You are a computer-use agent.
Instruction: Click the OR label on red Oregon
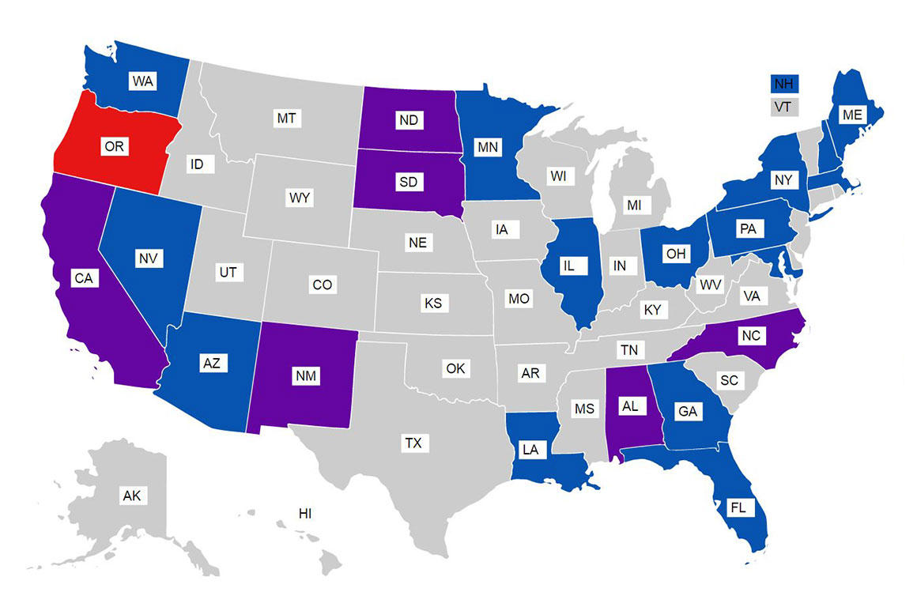[x=115, y=146]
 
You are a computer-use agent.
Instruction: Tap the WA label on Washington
[x=143, y=81]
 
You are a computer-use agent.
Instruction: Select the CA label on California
[x=84, y=278]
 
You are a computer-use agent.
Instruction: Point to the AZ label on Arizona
[x=210, y=363]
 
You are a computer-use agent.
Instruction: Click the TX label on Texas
[x=413, y=443]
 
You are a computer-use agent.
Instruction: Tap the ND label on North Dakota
[x=409, y=120]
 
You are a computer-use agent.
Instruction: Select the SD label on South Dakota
[x=409, y=183]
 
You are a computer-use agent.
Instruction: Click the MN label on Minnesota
[x=488, y=147]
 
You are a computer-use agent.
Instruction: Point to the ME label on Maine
[x=851, y=115]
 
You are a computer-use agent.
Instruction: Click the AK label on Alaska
[x=131, y=496]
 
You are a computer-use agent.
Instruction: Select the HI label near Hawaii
[x=305, y=514]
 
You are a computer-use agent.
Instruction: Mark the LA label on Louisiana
[x=530, y=449]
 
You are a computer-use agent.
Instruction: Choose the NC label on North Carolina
[x=751, y=336]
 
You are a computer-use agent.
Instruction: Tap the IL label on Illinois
[x=568, y=266]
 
